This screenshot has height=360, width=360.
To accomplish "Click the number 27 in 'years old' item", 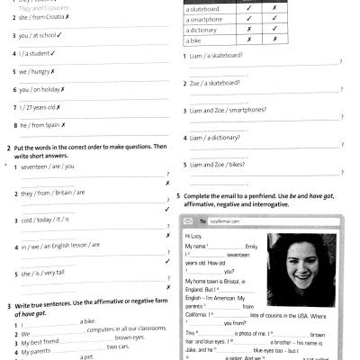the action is coord(29,108).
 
